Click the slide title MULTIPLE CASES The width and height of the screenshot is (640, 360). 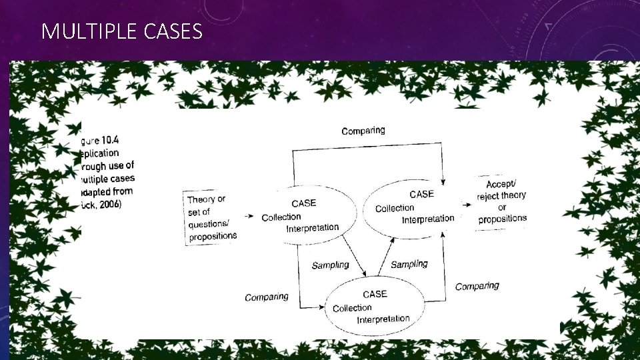point(121,31)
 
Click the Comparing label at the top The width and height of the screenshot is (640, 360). point(363,131)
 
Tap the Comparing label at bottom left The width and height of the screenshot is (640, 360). point(267,297)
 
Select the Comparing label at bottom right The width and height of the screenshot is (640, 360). point(477,286)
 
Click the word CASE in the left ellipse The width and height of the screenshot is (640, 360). point(304,203)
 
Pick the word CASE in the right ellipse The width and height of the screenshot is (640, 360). point(421,194)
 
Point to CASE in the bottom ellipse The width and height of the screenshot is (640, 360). point(375,294)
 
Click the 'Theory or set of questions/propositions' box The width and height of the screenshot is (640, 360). point(211,217)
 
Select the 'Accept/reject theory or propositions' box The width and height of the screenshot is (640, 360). point(502,201)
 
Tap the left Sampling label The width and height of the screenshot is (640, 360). point(330,265)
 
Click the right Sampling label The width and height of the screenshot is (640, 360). point(409,264)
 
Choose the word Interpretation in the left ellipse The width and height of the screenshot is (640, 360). point(312,228)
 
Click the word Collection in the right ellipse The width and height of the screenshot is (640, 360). point(395,208)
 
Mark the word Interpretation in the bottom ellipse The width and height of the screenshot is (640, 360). point(383,319)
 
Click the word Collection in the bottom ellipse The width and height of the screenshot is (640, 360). point(352,307)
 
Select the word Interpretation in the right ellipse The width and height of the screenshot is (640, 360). point(428,219)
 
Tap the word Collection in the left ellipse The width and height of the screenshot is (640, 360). point(281,217)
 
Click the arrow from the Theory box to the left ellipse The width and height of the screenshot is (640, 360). point(248,216)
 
